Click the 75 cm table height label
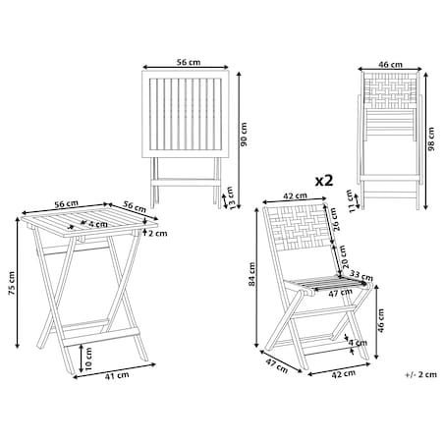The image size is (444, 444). [12, 283]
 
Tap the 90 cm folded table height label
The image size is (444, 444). [244, 135]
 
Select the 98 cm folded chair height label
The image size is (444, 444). [431, 139]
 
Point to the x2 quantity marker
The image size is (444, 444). [324, 181]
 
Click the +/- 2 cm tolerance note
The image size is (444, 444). [421, 374]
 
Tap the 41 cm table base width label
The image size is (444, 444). [117, 376]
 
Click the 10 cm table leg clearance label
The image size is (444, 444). [88, 360]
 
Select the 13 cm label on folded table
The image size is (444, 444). [231, 198]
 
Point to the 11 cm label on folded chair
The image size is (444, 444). [351, 201]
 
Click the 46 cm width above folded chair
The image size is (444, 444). [390, 65]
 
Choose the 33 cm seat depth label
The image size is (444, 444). [361, 276]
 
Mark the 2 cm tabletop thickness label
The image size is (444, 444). [157, 234]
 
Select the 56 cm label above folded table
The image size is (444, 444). [189, 62]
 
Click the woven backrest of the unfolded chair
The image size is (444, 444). [298, 227]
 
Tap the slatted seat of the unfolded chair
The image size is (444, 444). [326, 284]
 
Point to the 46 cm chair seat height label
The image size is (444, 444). [380, 320]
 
